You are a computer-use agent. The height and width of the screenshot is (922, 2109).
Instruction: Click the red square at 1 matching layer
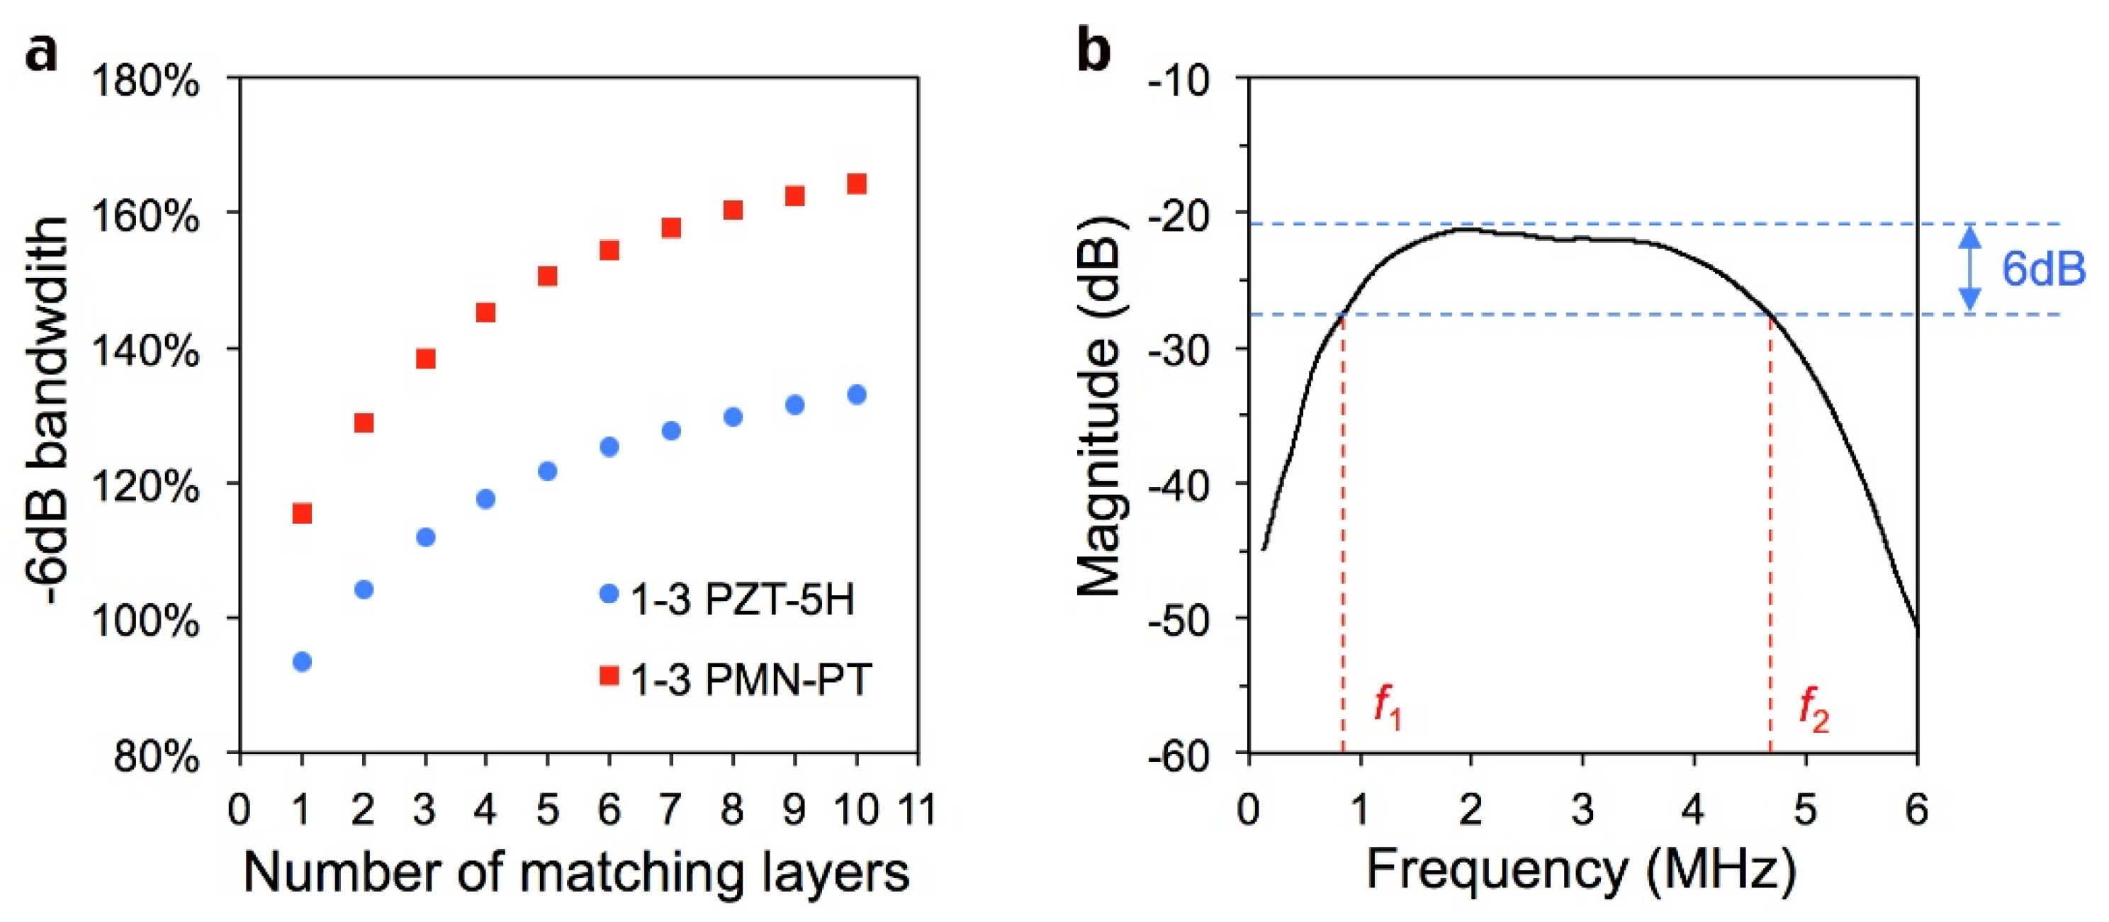(x=302, y=513)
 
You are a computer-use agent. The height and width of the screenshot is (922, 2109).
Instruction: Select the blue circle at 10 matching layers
(x=856, y=395)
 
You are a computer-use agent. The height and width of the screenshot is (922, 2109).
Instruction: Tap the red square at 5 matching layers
(x=548, y=276)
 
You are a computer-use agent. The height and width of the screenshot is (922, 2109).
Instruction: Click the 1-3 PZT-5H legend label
(x=742, y=600)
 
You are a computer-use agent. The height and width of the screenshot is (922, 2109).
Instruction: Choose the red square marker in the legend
(x=609, y=676)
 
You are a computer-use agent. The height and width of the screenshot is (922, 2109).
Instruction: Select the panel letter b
(x=1095, y=51)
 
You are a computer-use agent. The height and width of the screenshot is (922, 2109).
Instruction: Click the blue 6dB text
(x=2044, y=269)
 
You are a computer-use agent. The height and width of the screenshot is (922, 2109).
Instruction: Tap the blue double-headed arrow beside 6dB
(x=1970, y=269)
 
